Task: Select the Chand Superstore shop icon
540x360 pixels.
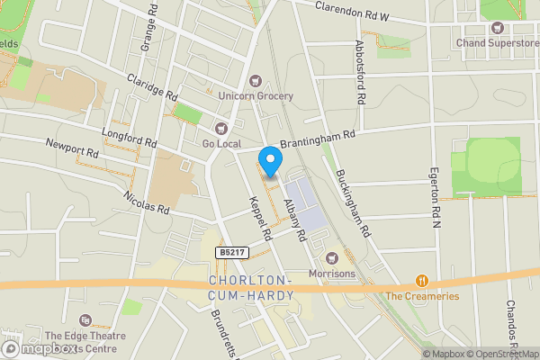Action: (496, 28)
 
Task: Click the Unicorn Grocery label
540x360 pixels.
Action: (256, 95)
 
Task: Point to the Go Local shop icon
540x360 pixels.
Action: (221, 128)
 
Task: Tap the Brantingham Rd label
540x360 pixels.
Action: (318, 138)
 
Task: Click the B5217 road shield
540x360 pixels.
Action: (229, 254)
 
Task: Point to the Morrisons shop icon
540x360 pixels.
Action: (331, 257)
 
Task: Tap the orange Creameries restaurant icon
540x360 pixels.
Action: (420, 281)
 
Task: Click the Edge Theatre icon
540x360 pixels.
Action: (85, 320)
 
